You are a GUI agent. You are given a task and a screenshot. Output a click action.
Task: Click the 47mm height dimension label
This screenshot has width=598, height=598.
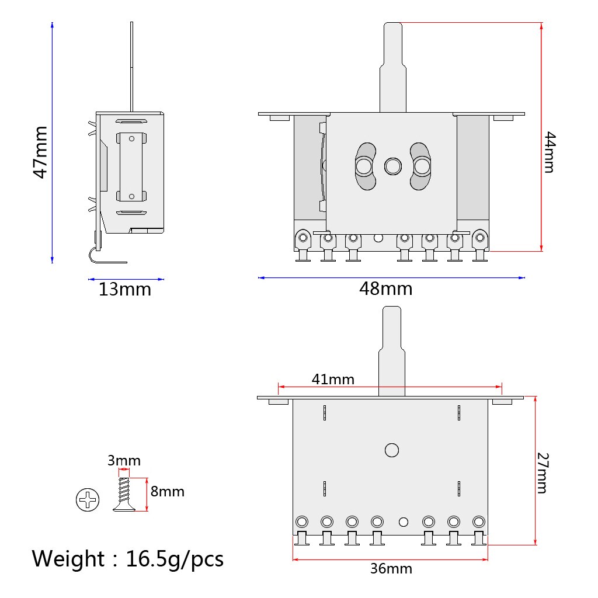pos(40,152)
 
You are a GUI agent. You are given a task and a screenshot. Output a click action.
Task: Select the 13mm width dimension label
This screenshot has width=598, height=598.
pos(124,289)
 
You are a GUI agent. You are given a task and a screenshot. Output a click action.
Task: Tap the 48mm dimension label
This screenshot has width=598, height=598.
pos(385,288)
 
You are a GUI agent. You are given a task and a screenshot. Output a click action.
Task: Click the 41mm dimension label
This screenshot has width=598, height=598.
pos(333,379)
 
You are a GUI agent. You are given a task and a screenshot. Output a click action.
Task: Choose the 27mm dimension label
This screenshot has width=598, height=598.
pos(543,472)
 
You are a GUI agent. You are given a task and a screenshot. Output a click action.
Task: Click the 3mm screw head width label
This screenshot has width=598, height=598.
pos(124,461)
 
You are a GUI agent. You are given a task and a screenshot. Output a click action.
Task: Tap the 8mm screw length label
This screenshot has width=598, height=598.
pos(167,492)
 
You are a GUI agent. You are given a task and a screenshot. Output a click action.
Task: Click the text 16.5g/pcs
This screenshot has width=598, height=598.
pos(175,559)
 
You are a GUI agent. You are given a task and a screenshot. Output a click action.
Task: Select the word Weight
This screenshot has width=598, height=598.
pos(67,559)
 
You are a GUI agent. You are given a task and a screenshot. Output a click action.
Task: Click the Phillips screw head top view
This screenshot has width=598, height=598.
pos(88,500)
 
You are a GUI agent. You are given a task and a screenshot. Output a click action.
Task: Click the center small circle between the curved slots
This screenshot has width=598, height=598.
pos(392,166)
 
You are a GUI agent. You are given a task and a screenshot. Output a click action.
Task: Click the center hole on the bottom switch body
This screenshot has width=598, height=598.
pos(391,450)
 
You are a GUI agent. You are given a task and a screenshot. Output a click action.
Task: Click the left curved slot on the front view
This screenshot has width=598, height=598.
pos(364,166)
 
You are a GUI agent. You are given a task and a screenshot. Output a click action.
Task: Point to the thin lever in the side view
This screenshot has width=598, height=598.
pos(132,64)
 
